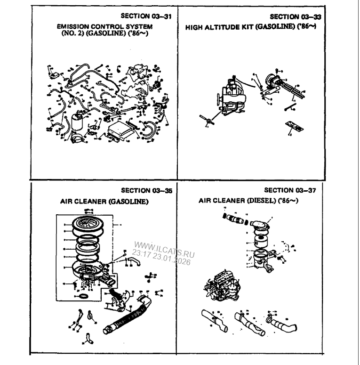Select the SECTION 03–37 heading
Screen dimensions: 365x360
288,191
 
